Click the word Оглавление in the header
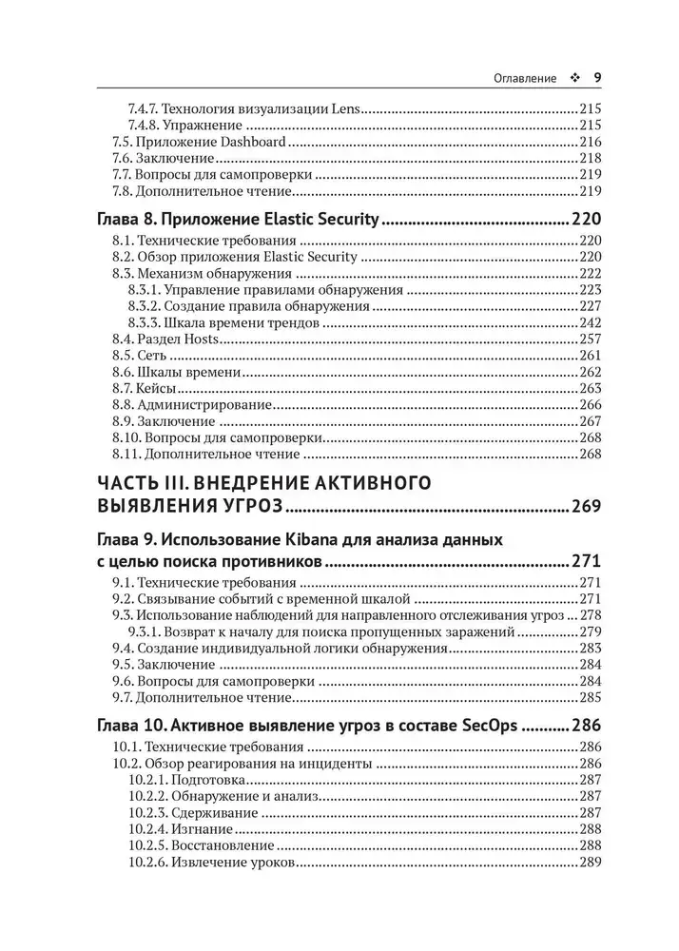[520, 78]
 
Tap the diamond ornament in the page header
[572, 78]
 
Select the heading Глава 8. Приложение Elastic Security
[239, 220]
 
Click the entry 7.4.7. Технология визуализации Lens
[245, 109]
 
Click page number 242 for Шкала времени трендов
[589, 323]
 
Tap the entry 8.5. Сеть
[143, 356]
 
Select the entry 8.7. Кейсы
[147, 388]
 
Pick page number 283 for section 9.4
[589, 648]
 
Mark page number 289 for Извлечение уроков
[589, 862]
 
